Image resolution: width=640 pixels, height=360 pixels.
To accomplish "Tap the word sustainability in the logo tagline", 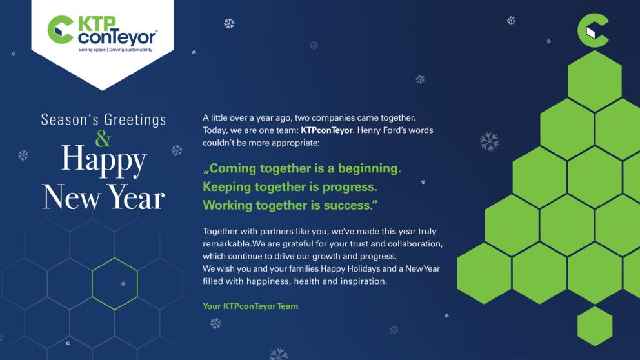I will pyautogui.click(x=137, y=49).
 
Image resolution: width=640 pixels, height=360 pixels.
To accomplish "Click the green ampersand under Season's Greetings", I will pyautogui.click(x=103, y=138).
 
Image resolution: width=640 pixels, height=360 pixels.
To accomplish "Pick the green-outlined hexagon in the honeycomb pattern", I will pyautogui.click(x=114, y=284).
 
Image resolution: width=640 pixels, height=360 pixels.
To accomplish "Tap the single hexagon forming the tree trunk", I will pyautogui.click(x=594, y=326).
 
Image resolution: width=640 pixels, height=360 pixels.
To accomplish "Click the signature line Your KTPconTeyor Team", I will pyautogui.click(x=250, y=306).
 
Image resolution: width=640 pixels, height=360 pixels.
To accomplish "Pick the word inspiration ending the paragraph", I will pyautogui.click(x=363, y=281).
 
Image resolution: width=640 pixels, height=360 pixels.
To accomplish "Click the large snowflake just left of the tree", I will pyautogui.click(x=488, y=141).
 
